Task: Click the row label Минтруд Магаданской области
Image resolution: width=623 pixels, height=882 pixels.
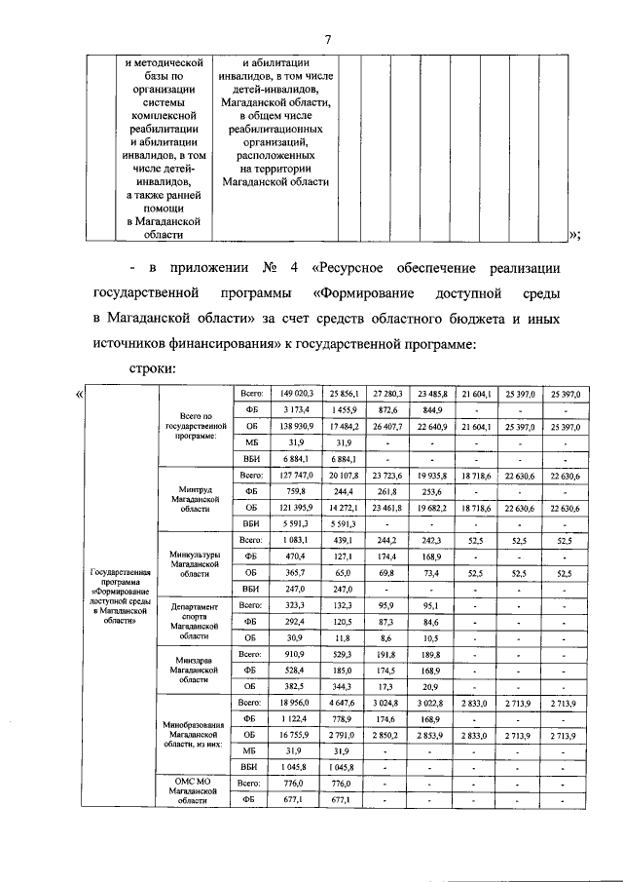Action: pos(196,498)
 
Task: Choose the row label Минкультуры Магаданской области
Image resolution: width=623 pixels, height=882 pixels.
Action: pos(196,562)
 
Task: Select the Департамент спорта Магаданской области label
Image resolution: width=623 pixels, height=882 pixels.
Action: pos(196,619)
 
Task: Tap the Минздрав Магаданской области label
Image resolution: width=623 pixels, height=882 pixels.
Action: pos(196,671)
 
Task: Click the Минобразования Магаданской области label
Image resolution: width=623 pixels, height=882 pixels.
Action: pos(196,732)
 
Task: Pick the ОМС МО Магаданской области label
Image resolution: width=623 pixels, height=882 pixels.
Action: pos(196,791)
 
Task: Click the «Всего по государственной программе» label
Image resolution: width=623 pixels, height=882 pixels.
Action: pos(196,426)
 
